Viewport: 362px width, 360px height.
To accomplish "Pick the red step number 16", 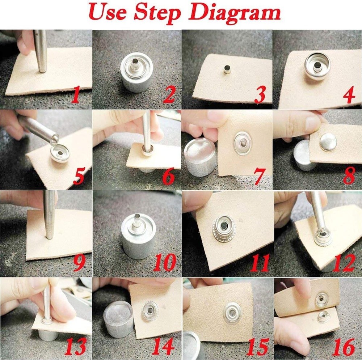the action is pyautogui.click(x=344, y=347).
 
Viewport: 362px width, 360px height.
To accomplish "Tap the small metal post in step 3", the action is pyautogui.click(x=227, y=69).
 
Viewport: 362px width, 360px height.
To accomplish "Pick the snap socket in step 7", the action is pyautogui.click(x=243, y=143).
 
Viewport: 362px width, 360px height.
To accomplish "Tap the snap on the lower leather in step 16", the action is pyautogui.click(x=323, y=317).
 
